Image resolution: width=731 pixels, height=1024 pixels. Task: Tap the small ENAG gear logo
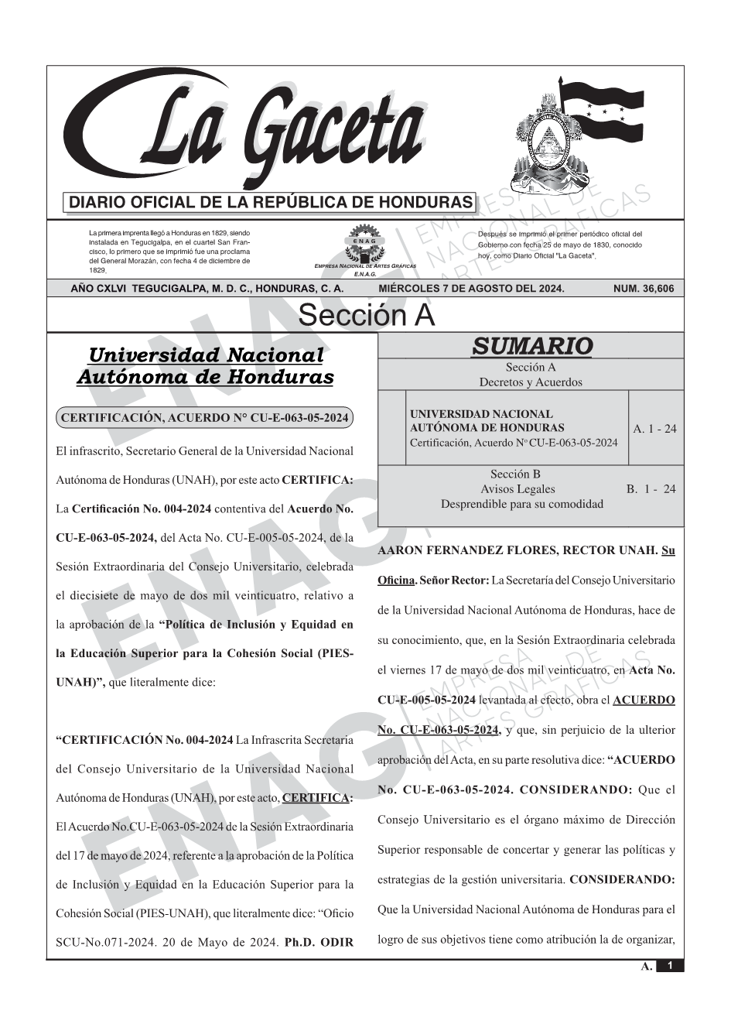(364, 245)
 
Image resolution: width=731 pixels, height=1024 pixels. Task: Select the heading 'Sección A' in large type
(366, 316)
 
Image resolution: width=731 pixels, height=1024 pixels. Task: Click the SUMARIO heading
(531, 346)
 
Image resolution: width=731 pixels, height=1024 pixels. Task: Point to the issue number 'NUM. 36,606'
(644, 289)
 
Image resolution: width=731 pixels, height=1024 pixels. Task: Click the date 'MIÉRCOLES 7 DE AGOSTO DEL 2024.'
(471, 289)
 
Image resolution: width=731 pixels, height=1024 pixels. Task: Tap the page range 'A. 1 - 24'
(654, 429)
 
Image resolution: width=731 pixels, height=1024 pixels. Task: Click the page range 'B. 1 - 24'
(651, 489)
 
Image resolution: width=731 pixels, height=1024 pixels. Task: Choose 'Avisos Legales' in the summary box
(518, 489)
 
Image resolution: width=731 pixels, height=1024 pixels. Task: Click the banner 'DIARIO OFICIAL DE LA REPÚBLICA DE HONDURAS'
(271, 203)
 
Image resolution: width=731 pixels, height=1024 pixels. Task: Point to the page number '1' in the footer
(670, 966)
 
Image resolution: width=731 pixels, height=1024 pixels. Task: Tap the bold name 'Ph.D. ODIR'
(319, 943)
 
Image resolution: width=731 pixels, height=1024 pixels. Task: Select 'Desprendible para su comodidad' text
(521, 504)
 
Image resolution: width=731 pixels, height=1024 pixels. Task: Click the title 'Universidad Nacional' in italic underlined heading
(205, 355)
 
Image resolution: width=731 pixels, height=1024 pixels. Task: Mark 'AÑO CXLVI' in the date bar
(99, 289)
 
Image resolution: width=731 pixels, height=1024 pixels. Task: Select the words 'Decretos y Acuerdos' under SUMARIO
(531, 382)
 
